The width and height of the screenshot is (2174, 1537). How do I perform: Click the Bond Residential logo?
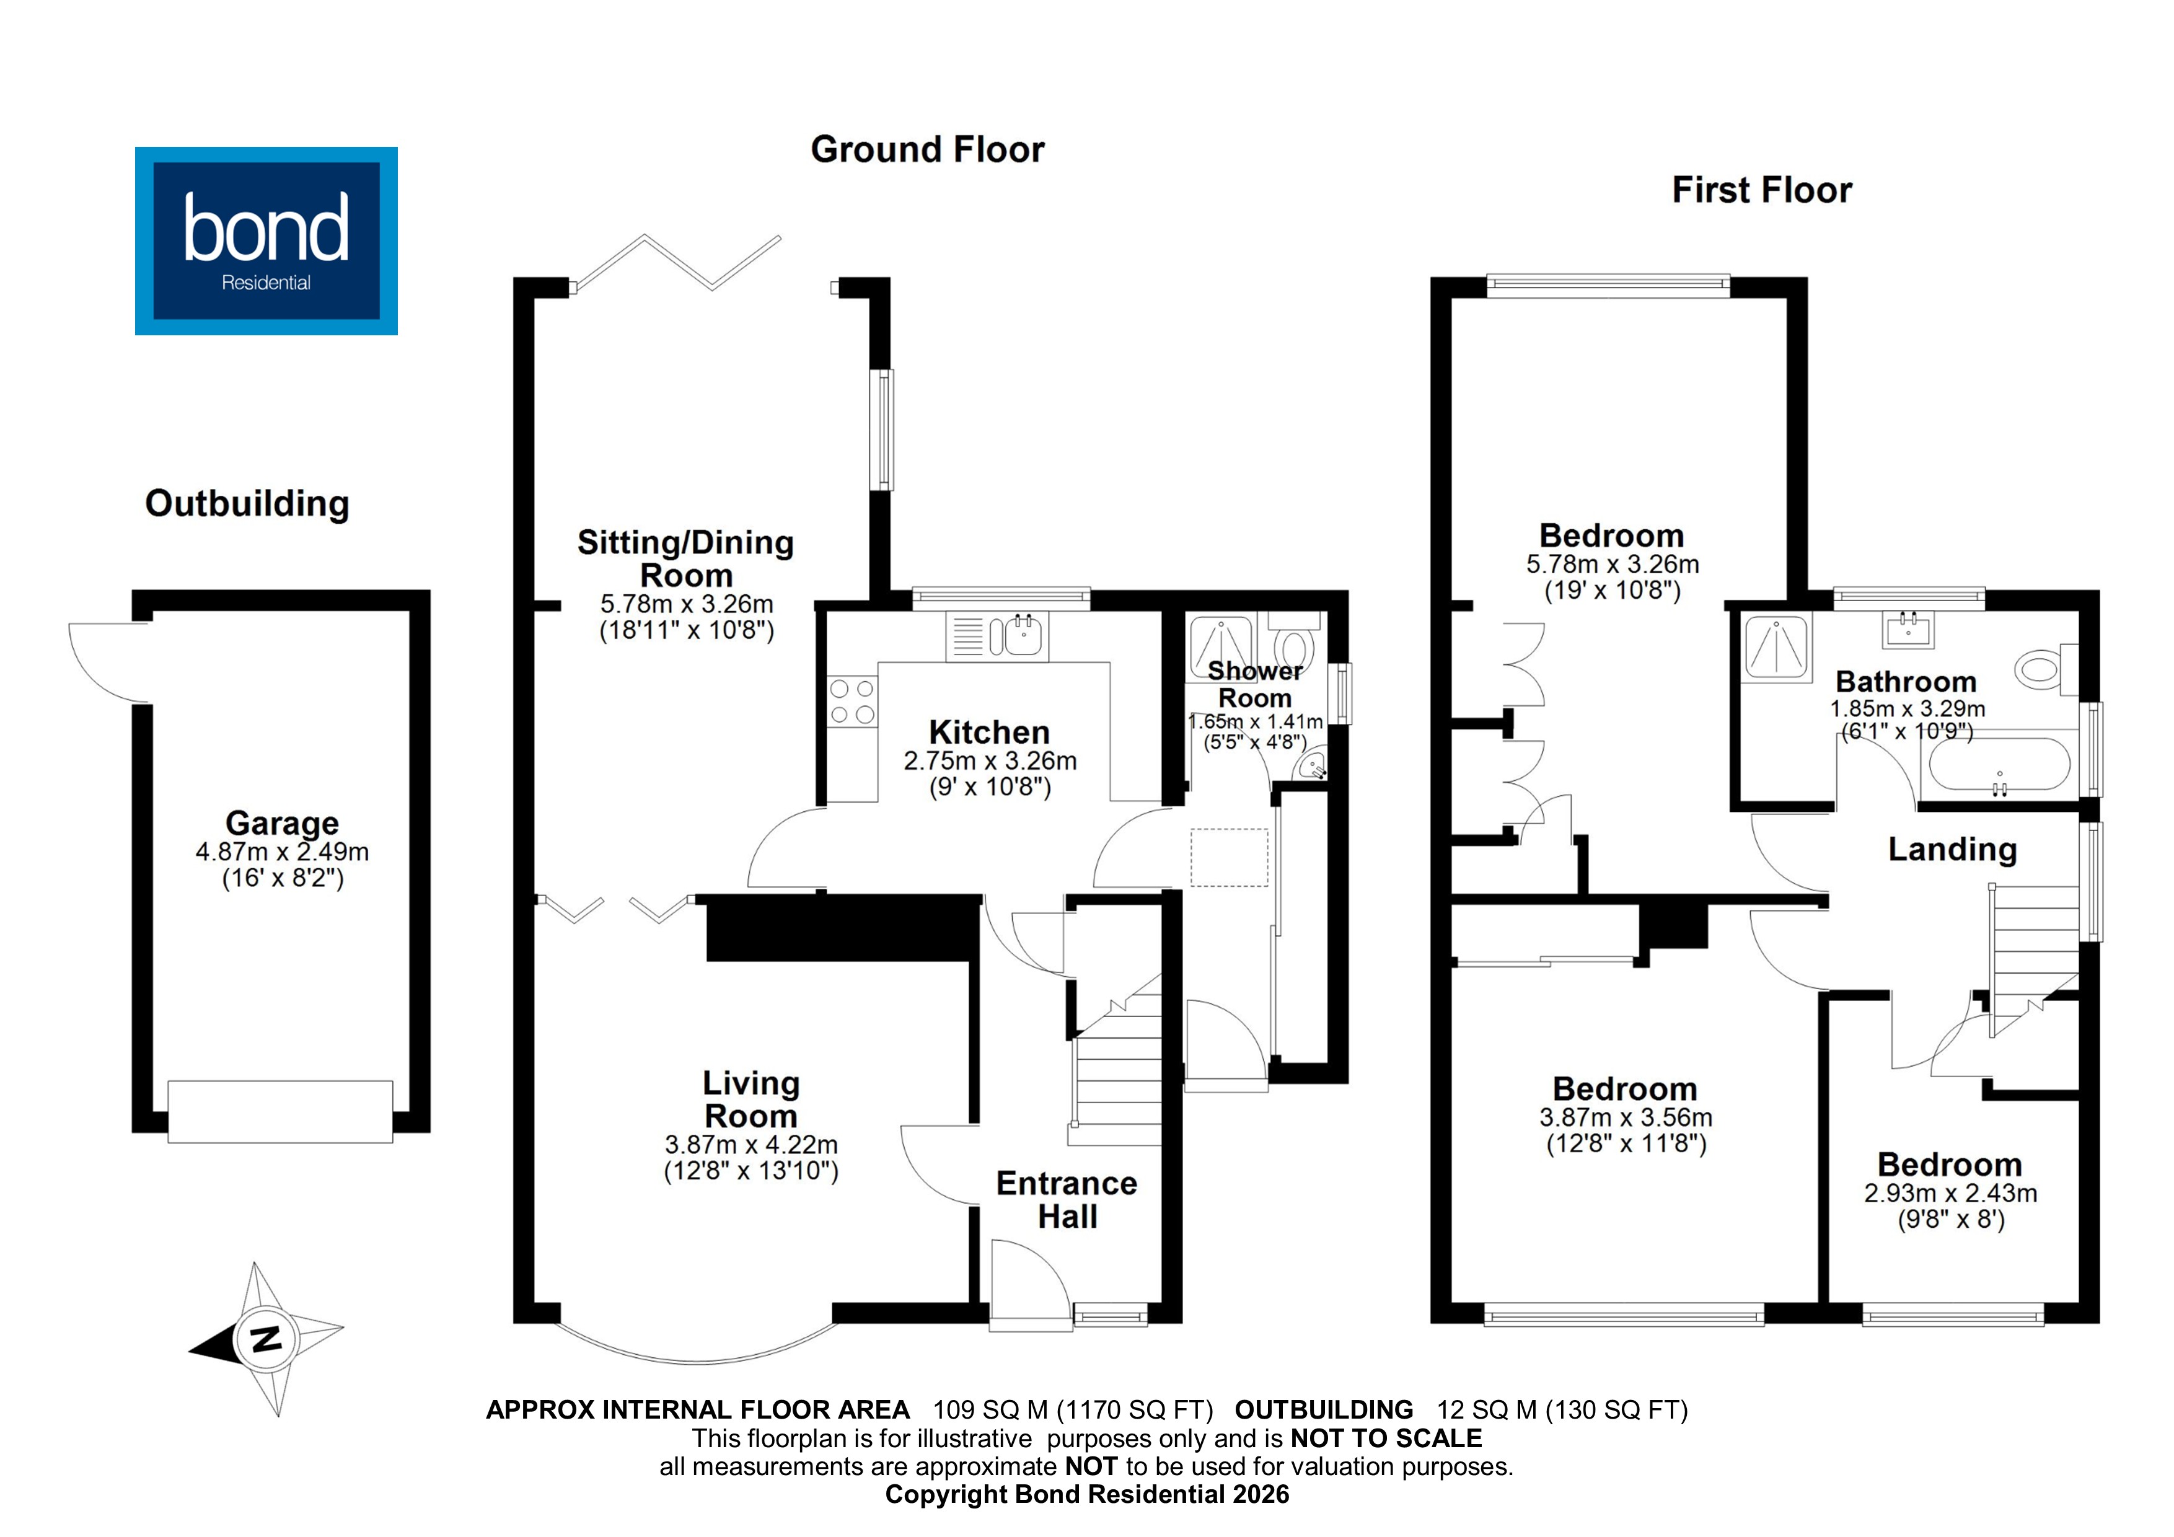point(266,240)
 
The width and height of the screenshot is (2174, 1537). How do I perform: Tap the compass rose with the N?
point(267,1339)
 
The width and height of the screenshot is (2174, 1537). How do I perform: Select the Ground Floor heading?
point(927,149)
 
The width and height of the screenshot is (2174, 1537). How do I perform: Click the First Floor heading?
point(1761,190)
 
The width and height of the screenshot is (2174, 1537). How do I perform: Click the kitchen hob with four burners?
point(852,702)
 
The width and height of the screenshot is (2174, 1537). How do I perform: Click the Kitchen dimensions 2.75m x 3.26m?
point(990,760)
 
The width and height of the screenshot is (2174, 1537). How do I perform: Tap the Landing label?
point(1952,850)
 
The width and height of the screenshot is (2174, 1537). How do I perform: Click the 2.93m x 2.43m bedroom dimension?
point(1950,1193)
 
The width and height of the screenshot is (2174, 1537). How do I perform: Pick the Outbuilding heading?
point(247,504)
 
